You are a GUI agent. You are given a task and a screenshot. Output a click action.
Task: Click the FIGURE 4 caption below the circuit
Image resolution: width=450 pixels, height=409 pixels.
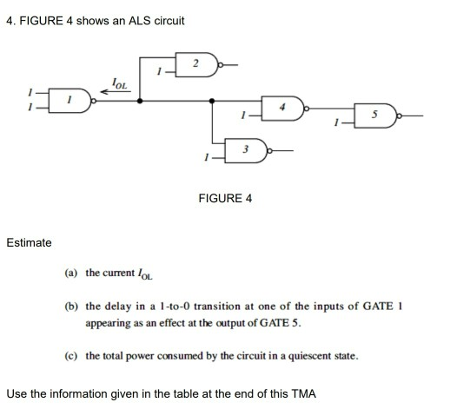click(225, 199)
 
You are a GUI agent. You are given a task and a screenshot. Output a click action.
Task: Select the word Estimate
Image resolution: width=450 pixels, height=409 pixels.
click(29, 242)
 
